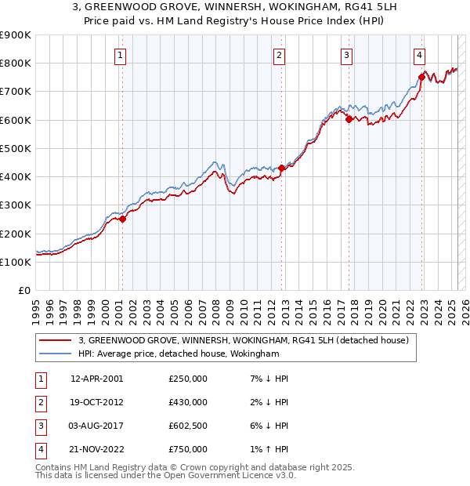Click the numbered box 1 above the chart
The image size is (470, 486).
(x=121, y=55)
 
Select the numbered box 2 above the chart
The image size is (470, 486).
(x=280, y=55)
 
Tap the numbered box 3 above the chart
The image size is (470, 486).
(x=346, y=55)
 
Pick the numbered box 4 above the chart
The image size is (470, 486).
(x=420, y=55)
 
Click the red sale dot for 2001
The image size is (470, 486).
(x=123, y=219)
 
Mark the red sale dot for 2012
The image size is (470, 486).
(x=282, y=168)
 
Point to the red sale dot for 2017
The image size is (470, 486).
(x=349, y=119)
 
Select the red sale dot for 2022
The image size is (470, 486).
(x=422, y=77)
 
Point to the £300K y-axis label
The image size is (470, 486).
(x=16, y=205)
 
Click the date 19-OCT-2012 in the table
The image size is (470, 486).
(x=97, y=402)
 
